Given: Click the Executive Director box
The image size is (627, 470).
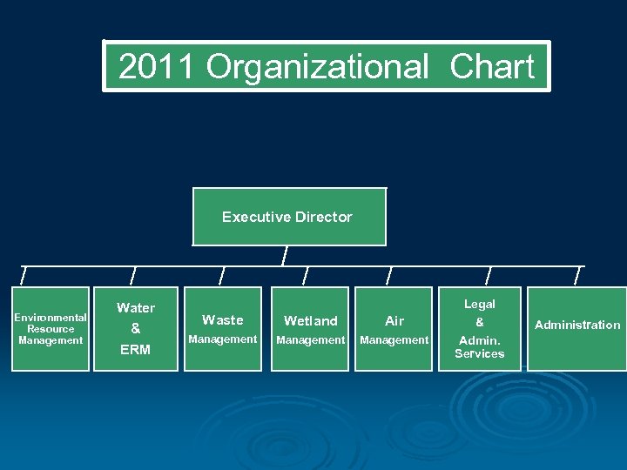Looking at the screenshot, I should click(288, 217).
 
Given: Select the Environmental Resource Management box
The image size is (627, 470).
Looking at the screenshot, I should click(51, 329).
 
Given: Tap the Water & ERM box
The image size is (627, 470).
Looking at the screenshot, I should click(136, 329).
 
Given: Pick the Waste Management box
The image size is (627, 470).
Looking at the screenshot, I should click(222, 329).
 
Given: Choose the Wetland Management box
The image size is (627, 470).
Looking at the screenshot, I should click(310, 329).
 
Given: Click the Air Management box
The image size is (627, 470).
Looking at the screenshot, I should click(394, 329).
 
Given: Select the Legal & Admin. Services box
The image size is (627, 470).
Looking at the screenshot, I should click(479, 329).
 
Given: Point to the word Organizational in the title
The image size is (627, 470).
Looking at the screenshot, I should click(318, 67).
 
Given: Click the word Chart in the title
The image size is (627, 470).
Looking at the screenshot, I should click(492, 67).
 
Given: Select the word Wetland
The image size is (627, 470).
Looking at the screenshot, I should click(310, 321).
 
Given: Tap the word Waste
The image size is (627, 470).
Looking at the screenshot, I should click(222, 320).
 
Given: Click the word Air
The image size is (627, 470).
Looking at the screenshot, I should click(394, 321).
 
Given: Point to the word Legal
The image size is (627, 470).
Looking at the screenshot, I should click(479, 305).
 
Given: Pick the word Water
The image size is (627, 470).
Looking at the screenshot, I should click(136, 308).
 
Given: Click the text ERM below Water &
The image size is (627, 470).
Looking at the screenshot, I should click(136, 350).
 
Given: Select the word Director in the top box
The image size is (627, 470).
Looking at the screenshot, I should click(323, 217).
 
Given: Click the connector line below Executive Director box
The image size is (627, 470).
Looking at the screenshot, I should click(284, 256).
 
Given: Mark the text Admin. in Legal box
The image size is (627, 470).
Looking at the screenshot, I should click(479, 340).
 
